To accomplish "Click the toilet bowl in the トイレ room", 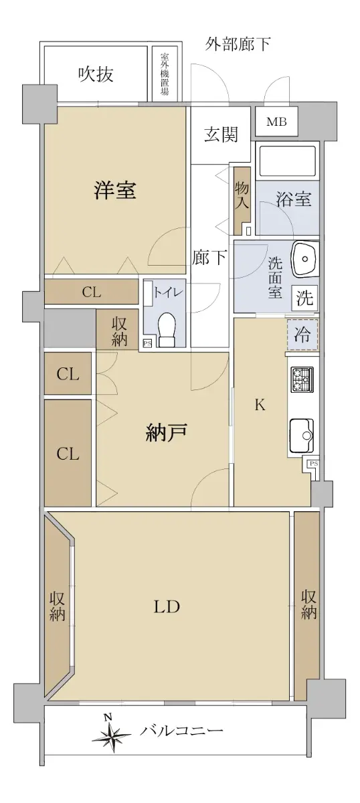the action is tap(166, 329).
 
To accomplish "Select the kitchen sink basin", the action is tap(302, 436).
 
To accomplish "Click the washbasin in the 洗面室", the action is tap(304, 259).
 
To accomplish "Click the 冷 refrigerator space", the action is tap(302, 335).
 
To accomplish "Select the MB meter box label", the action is tap(276, 122).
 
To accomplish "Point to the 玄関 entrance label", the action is tap(221, 135).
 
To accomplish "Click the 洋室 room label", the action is tap(115, 189).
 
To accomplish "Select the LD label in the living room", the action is tap(167, 607).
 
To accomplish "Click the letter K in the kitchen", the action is tap(260, 405).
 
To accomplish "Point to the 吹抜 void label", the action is tap(96, 74).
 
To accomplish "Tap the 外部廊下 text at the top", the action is tap(238, 43).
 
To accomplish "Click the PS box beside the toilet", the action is tap(147, 343).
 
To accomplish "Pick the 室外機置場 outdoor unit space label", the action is tap(165, 74).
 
